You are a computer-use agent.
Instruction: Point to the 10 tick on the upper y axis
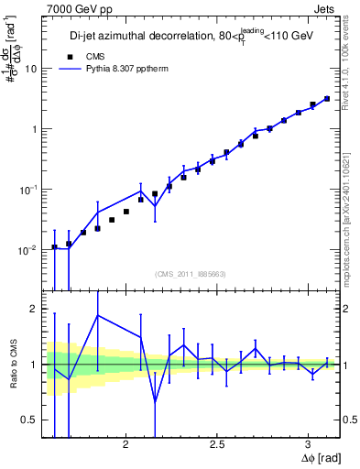[x=29, y=69]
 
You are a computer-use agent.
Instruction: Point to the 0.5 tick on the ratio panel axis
[x=29, y=420]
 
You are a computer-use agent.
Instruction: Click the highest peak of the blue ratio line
[x=98, y=315]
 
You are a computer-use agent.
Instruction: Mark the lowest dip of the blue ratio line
[x=155, y=401]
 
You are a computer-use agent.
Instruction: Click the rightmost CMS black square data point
[x=326, y=98]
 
